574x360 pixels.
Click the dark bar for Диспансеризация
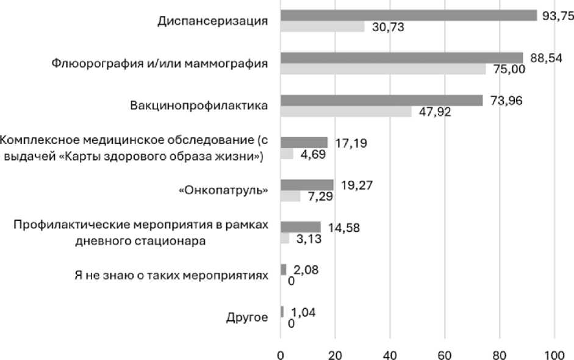coord(409,15)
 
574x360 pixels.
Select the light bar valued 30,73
coord(323,26)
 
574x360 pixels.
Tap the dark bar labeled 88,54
coord(402,58)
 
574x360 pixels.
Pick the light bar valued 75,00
coord(383,69)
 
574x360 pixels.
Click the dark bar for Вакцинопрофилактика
coord(382,100)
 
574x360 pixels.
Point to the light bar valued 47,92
coord(346,111)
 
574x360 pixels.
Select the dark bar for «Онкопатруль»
coord(307,185)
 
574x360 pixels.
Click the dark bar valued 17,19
coord(304,142)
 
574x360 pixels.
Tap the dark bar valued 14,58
coord(301,227)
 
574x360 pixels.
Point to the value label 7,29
coord(320,196)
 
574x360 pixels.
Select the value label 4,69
coord(314,154)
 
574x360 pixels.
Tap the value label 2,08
coord(306,270)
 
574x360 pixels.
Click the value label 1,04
coord(304,312)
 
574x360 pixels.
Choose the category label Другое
coord(247,317)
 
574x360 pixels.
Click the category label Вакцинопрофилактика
coord(199,106)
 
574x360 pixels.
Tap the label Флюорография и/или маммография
coord(160,63)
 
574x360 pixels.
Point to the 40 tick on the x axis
coord(390,355)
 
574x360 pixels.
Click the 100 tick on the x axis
coord(554,355)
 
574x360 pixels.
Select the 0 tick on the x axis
coord(281,355)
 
